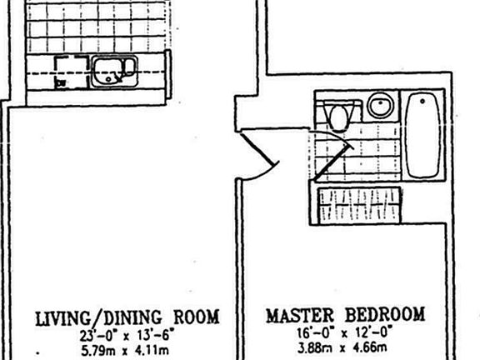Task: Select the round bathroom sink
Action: [380, 105]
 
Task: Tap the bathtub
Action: [422, 135]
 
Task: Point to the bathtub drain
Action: [422, 101]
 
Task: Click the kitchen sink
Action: [115, 72]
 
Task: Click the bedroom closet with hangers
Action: [359, 205]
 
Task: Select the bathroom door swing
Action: [332, 153]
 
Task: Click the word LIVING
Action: [63, 318]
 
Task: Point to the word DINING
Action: [132, 317]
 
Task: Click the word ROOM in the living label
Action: [197, 317]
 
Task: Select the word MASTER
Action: [300, 315]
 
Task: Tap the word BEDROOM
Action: [385, 314]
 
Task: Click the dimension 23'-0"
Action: [99, 336]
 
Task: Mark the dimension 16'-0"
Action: [316, 332]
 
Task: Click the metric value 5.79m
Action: [98, 351]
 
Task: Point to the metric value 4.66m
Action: [370, 347]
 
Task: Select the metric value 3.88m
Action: [315, 348]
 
